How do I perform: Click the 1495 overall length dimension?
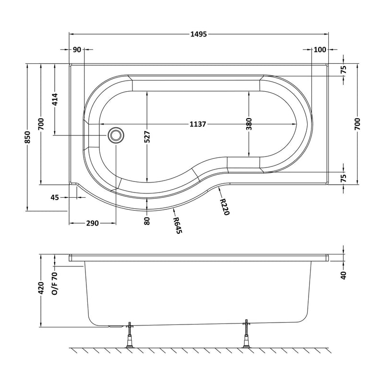[x=198, y=34]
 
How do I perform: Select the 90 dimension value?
[x=77, y=50]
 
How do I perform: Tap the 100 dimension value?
[x=320, y=50]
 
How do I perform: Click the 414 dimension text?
[x=55, y=99]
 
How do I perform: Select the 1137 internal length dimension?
[x=198, y=124]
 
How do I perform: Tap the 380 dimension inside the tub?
[x=249, y=124]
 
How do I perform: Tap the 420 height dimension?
[x=41, y=288]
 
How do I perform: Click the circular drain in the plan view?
[x=115, y=135]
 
